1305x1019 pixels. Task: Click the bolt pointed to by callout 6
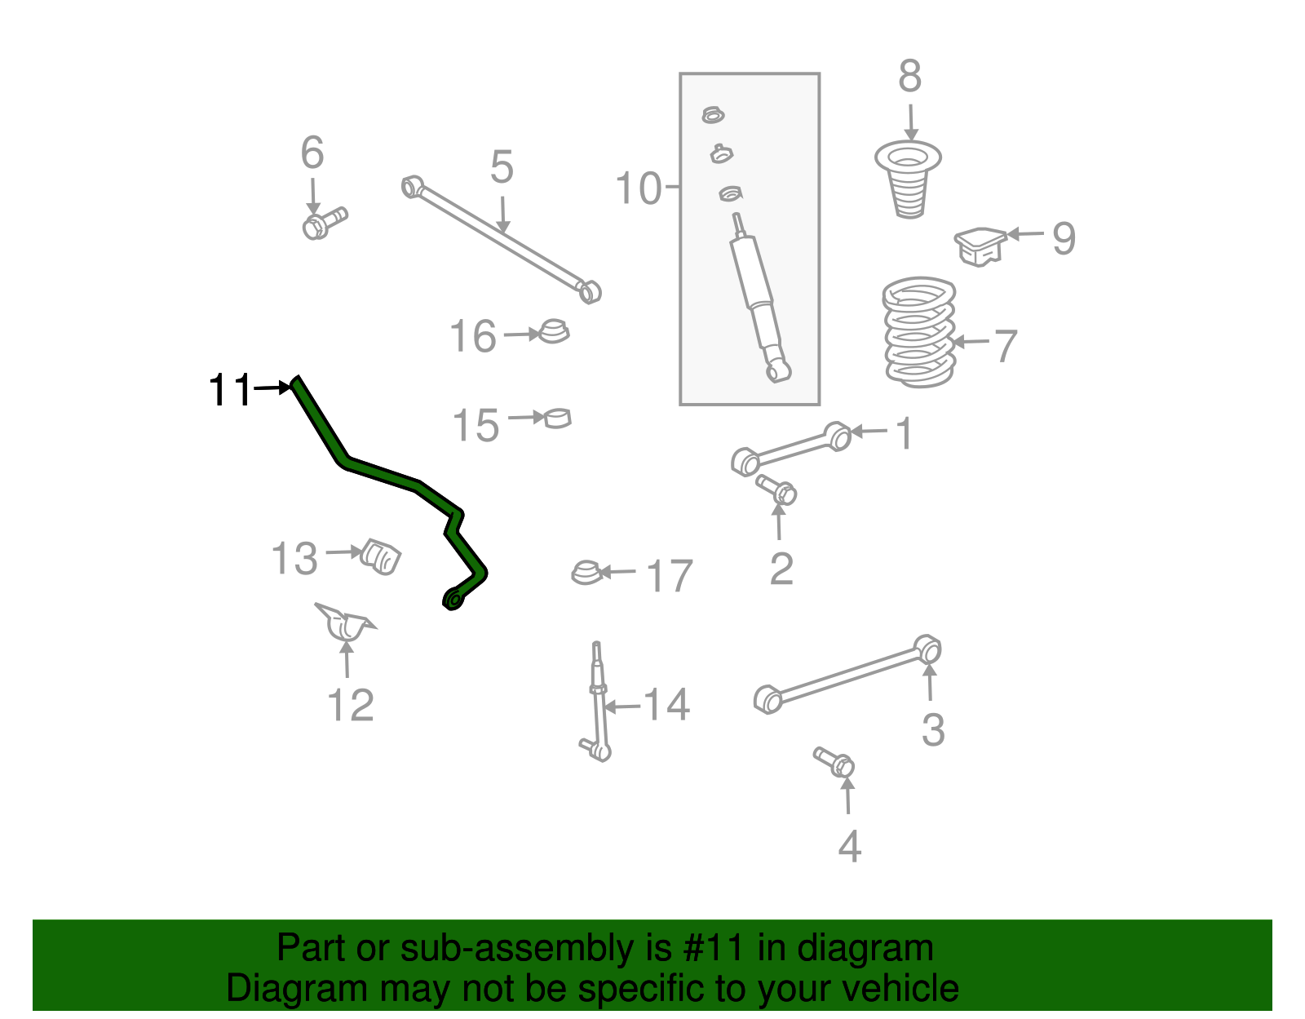pos(323,222)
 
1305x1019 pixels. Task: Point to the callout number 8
pos(909,77)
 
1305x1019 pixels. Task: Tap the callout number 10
pos(638,188)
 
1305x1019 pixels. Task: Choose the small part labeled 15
pos(558,418)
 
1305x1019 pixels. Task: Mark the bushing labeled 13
pos(381,556)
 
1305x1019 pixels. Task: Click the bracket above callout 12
pos(346,622)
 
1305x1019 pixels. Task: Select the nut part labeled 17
pos(586,573)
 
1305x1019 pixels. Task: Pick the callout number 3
pos(932,729)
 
